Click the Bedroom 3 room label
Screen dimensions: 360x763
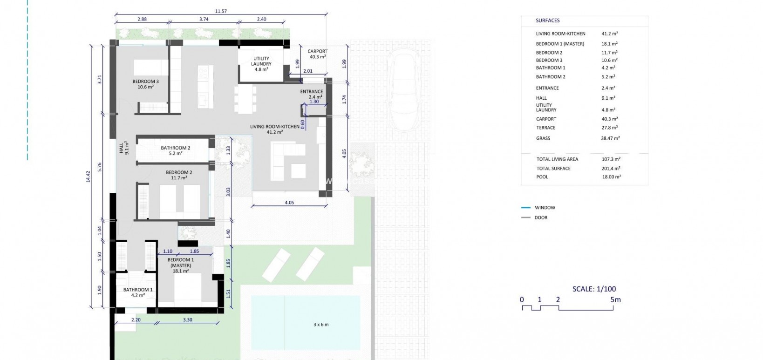click(145, 84)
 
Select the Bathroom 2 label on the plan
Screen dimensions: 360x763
click(175, 150)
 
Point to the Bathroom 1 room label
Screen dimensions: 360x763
click(138, 292)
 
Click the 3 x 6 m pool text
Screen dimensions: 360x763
click(320, 324)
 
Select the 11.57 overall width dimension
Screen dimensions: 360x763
click(221, 11)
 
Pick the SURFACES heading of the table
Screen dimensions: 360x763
click(548, 20)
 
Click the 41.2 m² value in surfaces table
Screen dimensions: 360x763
click(609, 34)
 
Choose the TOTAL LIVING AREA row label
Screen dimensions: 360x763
click(557, 159)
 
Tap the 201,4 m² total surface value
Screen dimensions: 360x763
click(611, 168)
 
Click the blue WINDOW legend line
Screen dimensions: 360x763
click(525, 208)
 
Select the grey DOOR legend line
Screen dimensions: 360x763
click(525, 217)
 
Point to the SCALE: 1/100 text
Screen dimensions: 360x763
click(594, 289)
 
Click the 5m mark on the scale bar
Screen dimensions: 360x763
click(615, 300)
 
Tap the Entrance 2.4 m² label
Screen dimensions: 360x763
click(312, 94)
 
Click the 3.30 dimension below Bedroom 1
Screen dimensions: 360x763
click(187, 320)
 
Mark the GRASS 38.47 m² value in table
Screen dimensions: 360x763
click(610, 138)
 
